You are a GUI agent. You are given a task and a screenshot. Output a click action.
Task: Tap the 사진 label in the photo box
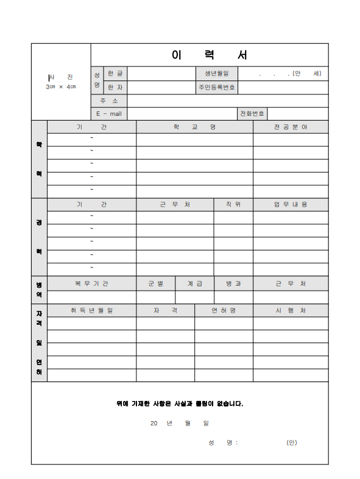point(61,77)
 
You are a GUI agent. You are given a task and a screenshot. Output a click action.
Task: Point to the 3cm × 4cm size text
point(61,87)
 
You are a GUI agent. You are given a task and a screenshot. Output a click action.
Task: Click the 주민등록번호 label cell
point(216,87)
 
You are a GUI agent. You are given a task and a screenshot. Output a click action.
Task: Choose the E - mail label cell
point(109,114)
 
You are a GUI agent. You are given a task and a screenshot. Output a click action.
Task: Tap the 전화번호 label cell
point(252,114)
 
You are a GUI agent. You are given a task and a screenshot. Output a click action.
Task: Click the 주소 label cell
point(109,101)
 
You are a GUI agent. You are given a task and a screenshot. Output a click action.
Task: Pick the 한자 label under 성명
point(115,87)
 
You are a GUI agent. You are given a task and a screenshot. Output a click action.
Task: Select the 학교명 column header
point(194,127)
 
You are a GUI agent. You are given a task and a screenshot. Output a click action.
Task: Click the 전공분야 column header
point(291,127)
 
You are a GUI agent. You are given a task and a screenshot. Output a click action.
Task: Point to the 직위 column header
point(233,204)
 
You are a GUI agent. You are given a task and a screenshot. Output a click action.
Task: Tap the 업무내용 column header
point(291,204)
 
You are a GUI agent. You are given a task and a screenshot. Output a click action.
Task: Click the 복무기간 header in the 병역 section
point(91,283)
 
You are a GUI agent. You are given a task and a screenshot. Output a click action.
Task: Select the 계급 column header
point(195,283)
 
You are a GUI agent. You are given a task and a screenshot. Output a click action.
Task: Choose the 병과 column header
point(233,283)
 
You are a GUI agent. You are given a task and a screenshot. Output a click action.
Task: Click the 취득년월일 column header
point(91,310)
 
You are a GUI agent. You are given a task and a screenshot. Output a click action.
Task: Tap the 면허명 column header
point(224,310)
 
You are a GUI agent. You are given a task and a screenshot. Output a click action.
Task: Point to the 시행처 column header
point(291,310)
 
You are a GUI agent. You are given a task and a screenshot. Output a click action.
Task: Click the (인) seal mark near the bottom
point(292,442)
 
